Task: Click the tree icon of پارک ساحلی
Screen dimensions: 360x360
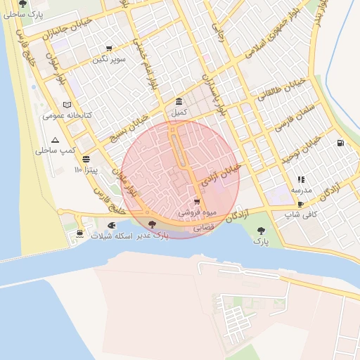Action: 23,4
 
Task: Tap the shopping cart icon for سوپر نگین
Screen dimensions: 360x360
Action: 108,49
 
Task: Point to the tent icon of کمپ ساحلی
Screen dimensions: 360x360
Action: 55,141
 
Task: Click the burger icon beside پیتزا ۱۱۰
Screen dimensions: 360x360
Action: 86,159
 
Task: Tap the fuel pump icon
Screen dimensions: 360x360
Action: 341,143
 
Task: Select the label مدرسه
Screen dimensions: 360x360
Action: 302,190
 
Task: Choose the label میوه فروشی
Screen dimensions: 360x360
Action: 212,212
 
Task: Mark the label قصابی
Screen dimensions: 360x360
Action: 203,228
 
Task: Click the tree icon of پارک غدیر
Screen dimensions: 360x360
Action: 153,226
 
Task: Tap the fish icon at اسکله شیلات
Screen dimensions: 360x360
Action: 112,226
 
